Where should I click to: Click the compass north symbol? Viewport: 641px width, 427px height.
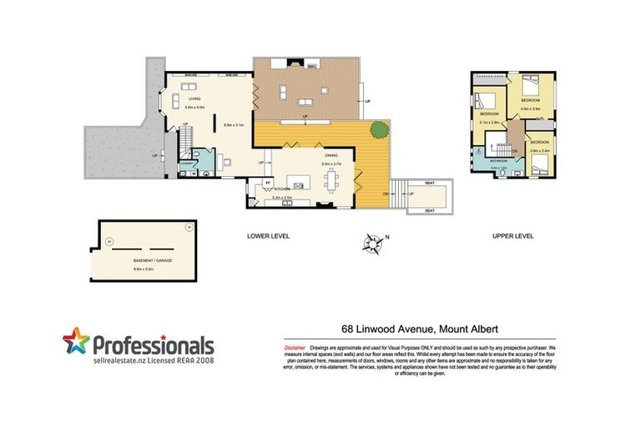point(371,244)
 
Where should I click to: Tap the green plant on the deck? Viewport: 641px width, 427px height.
point(379,129)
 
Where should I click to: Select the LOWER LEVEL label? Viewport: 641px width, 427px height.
point(269,237)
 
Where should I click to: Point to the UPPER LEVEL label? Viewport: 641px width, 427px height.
point(512,237)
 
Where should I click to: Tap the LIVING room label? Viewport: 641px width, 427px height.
point(194,99)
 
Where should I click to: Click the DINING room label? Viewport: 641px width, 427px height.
point(331,155)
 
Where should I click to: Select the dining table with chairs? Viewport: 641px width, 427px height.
point(334,178)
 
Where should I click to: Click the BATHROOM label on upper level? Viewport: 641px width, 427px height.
point(500,160)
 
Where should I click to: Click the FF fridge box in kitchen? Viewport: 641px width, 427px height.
point(268,182)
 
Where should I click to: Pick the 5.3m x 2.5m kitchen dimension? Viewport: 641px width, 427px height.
point(282,198)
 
